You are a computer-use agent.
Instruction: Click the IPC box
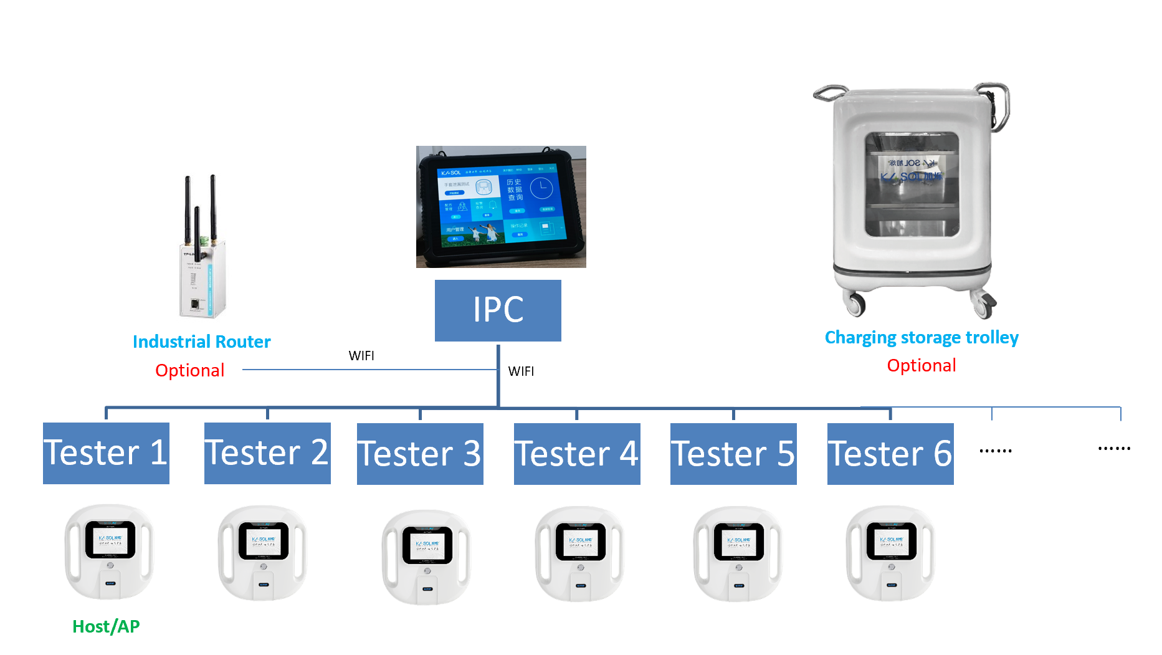click(x=498, y=310)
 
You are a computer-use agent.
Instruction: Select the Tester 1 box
click(x=106, y=453)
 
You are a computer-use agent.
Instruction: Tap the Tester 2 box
click(x=267, y=453)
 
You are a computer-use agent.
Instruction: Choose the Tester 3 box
click(x=420, y=454)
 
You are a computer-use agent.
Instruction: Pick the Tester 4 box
click(x=577, y=454)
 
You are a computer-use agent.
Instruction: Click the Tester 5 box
click(x=733, y=454)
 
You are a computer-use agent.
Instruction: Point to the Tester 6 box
click(x=890, y=454)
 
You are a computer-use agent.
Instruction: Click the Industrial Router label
click(x=201, y=342)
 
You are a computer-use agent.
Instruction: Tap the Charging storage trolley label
click(x=922, y=337)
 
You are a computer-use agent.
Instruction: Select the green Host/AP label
click(x=106, y=626)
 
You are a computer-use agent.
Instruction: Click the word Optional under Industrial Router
click(x=189, y=370)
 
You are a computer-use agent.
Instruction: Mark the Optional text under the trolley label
click(x=922, y=365)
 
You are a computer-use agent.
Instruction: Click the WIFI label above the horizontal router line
click(x=361, y=356)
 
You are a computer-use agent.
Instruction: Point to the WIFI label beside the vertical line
click(x=521, y=371)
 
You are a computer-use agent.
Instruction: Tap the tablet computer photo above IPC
click(x=501, y=207)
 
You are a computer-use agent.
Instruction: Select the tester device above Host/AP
click(x=110, y=551)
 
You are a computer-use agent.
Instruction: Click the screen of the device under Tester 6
click(x=892, y=541)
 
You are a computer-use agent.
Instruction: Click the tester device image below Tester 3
click(x=427, y=557)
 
